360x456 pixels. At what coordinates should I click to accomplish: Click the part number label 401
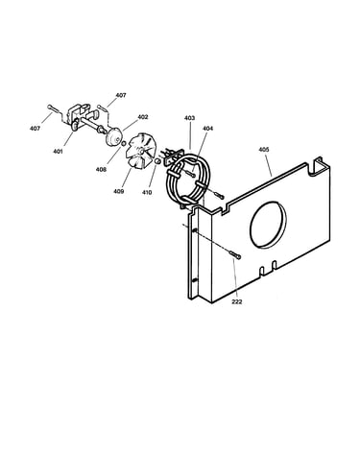click(x=58, y=152)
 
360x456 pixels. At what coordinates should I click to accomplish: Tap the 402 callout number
click(x=143, y=117)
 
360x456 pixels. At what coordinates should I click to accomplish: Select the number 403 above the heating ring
click(x=189, y=118)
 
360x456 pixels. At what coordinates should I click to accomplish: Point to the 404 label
click(x=207, y=129)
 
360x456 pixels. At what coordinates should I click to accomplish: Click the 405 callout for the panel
click(x=264, y=150)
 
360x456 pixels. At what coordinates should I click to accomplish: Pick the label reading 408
click(x=101, y=170)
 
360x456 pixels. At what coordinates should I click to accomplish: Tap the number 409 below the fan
click(x=118, y=191)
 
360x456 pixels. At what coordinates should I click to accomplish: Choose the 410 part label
click(x=147, y=192)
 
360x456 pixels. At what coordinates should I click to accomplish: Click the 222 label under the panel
click(x=237, y=301)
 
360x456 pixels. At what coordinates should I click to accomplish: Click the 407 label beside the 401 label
click(x=36, y=129)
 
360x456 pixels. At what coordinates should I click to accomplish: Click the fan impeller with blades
click(x=140, y=153)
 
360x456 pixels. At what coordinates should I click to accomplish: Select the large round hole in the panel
click(x=268, y=225)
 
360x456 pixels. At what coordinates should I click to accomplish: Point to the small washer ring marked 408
click(x=123, y=143)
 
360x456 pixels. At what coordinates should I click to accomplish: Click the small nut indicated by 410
click(x=157, y=161)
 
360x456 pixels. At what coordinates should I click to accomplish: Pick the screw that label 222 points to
click(x=235, y=254)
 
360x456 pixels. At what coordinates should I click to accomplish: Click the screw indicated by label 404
click(x=190, y=174)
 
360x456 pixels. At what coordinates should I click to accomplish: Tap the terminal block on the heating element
click(x=173, y=156)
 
